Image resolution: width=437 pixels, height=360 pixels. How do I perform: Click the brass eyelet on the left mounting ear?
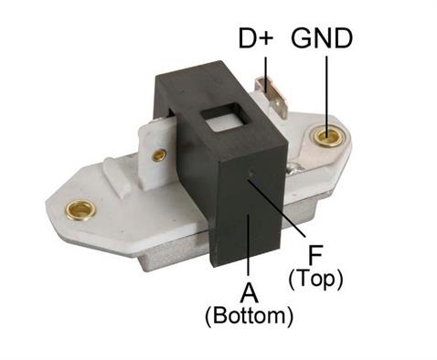tap(80, 211)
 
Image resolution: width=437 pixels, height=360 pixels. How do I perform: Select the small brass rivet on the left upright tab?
tap(159, 154)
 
